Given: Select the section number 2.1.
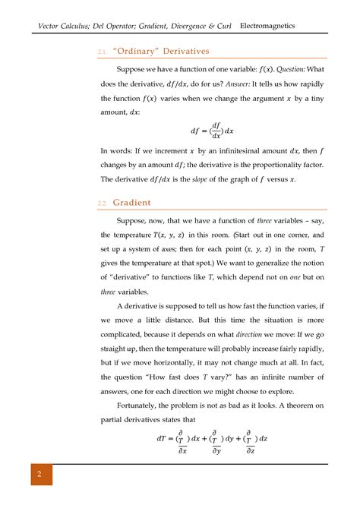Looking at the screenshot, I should (x=103, y=52).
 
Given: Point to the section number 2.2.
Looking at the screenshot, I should (x=103, y=204).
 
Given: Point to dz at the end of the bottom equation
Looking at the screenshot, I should (x=267, y=438).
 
